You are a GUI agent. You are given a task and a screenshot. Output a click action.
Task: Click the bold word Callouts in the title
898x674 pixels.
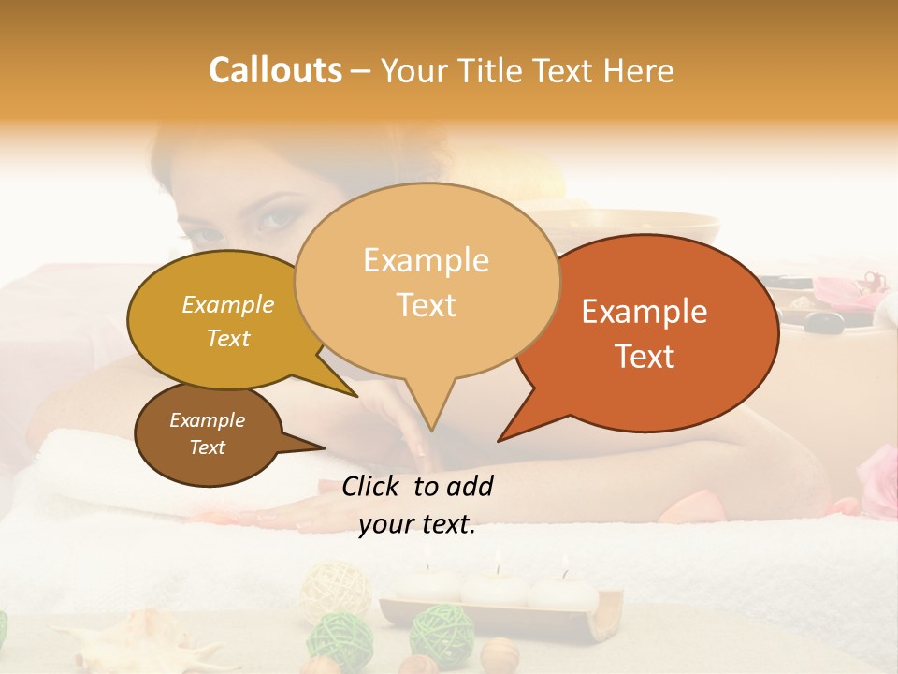[x=275, y=70]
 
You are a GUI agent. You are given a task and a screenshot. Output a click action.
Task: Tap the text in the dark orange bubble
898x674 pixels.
[x=645, y=333]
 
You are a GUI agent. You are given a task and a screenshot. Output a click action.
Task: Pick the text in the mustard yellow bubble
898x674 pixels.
[x=228, y=321]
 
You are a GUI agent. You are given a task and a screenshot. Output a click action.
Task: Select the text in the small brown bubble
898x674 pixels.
[x=208, y=433]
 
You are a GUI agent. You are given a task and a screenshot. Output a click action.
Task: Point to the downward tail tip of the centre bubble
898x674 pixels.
[x=431, y=431]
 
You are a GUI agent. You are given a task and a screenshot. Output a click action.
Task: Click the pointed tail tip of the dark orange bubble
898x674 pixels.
[x=500, y=440]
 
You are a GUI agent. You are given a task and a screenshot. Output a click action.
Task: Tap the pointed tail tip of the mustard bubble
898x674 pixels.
[x=356, y=396]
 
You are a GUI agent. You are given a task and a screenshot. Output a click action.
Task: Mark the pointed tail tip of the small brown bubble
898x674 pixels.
[x=324, y=448]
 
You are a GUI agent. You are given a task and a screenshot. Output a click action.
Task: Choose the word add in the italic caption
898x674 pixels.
[x=470, y=486]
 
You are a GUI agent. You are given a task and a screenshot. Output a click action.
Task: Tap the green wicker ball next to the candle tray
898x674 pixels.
[x=442, y=629]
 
